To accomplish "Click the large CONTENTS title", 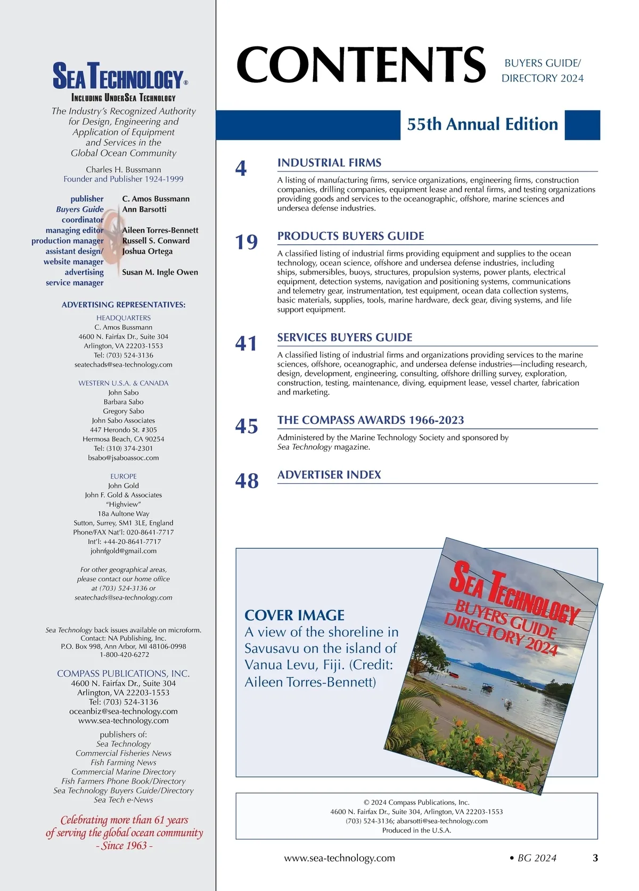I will point(361,64).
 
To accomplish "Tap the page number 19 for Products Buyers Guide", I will point(247,242).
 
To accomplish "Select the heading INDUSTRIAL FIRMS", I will point(329,163).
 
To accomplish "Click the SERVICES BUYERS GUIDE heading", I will point(345,337).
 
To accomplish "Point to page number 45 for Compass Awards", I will point(247,426).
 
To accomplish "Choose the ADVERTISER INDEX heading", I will point(329,475).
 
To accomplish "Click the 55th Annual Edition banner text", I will point(482,125).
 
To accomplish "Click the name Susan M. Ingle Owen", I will point(160,272).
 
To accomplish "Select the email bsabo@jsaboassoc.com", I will point(124,458).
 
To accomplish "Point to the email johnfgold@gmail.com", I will point(124,551).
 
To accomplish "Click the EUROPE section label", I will point(124,476).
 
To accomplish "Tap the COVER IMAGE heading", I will point(294,615).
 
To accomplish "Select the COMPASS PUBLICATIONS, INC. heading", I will point(124,674).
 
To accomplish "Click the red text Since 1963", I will point(124,846).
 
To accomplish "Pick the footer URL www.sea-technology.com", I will point(339,858).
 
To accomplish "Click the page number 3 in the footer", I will point(595,858).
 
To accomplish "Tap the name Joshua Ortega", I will point(147,252).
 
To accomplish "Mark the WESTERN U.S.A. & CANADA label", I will point(124,383).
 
